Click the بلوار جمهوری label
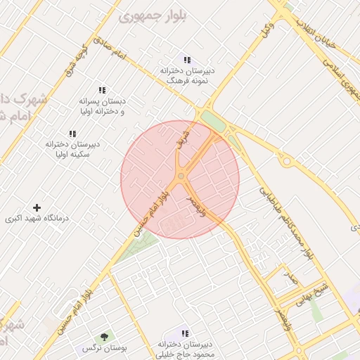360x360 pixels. pos(150,15)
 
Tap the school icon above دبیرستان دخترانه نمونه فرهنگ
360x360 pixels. pos(187,60)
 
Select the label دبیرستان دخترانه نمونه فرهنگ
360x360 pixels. pos(188,76)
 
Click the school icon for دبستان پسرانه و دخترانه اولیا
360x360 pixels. pos(102,90)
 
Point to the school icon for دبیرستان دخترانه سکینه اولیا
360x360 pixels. pos(72,134)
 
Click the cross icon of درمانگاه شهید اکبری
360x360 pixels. pos(37,207)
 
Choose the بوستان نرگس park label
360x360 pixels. pos(98,349)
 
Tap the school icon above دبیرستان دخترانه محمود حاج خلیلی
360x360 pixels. pos(185,333)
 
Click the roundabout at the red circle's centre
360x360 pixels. pos(181,176)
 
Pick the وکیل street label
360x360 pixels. pos(267,30)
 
